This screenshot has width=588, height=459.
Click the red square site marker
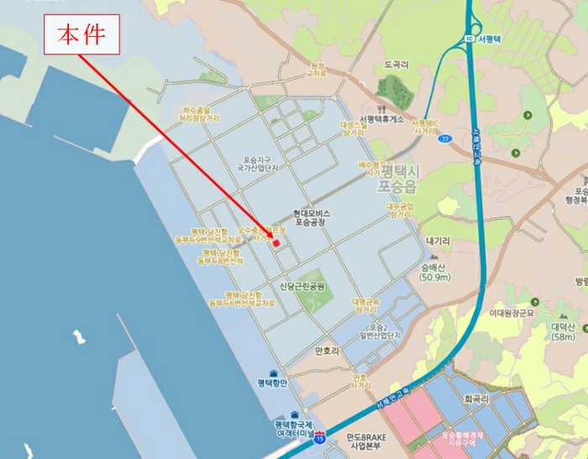pos(276,243)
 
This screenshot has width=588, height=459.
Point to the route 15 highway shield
pos(319,439)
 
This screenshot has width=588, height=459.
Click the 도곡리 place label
pos(396,64)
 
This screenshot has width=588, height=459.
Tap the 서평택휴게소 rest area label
pos(381,119)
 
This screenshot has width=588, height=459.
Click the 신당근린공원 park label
pos(302,287)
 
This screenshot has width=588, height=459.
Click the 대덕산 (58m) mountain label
pos(563,331)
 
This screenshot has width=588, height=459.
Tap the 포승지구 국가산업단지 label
pos(260,163)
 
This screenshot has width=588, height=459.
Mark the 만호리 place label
pos(326,350)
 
